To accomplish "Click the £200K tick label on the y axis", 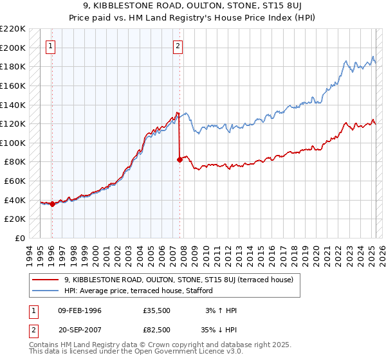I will point(13,48).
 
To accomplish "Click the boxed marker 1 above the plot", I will point(51,46).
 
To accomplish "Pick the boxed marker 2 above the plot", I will point(178,46).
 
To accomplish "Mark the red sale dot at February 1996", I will point(52,204).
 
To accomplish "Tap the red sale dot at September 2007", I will point(179,159).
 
